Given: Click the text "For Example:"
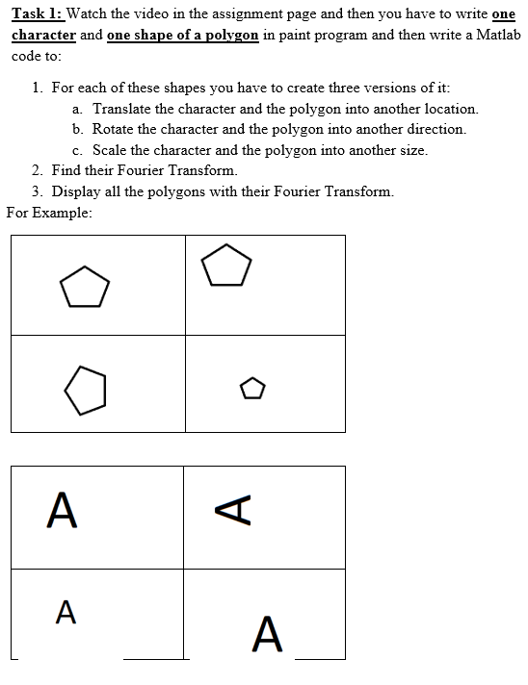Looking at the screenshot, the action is (49, 212).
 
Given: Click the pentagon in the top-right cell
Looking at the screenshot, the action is (227, 266).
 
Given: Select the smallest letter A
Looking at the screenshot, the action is (66, 611).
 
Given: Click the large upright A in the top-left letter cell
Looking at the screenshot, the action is (62, 510).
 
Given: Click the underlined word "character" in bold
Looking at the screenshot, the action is (43, 33).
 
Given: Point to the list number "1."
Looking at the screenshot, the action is (38, 88).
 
